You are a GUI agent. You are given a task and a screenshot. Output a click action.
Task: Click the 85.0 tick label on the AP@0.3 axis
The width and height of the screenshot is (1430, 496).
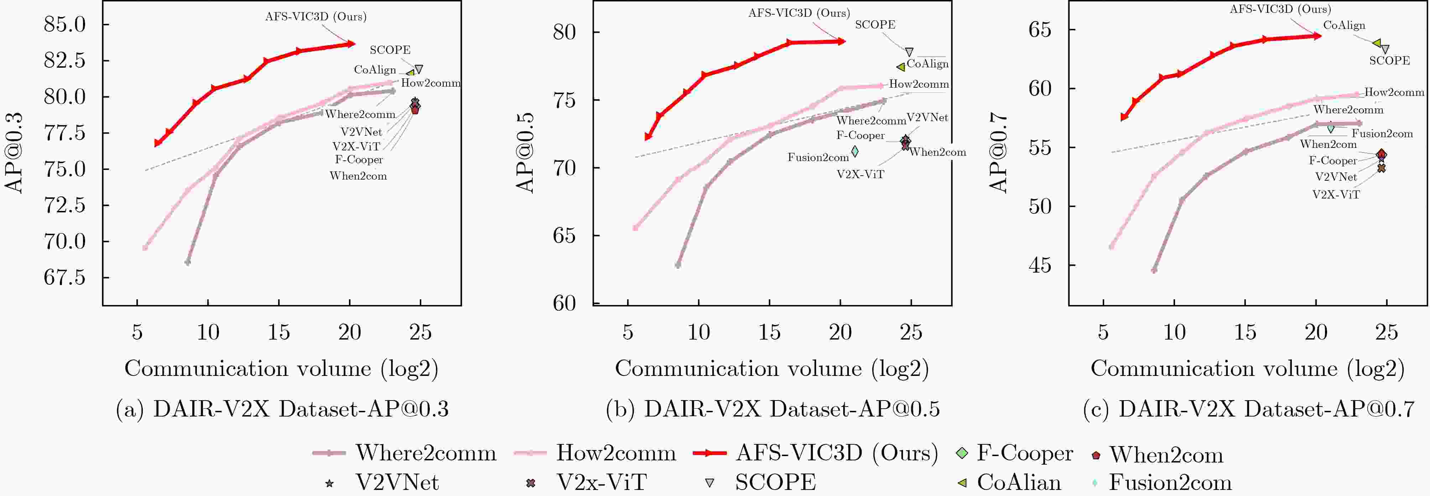coord(64,25)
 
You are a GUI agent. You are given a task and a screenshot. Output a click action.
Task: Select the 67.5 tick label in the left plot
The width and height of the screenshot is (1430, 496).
coord(64,277)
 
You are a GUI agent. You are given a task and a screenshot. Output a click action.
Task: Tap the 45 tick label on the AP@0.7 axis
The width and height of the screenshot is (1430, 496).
coord(1040,265)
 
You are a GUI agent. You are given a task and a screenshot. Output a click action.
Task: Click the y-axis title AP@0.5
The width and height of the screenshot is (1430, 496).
coord(524,153)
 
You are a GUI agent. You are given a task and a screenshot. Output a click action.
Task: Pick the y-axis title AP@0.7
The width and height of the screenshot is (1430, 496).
coord(999,153)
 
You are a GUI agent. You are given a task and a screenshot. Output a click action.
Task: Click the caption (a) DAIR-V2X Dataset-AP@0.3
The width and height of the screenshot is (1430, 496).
coord(282,409)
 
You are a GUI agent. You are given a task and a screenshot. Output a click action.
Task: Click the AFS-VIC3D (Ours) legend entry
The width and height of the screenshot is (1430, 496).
coord(816,453)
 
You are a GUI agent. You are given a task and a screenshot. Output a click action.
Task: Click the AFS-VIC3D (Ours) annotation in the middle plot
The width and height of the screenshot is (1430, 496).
coord(799,13)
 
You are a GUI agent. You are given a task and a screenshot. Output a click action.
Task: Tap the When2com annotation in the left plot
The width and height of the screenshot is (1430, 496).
coord(358,176)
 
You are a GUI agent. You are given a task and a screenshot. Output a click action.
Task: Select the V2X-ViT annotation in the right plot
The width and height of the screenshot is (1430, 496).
coord(1336,195)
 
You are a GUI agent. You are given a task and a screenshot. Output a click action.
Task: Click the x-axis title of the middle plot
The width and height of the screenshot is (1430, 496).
coord(772,369)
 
